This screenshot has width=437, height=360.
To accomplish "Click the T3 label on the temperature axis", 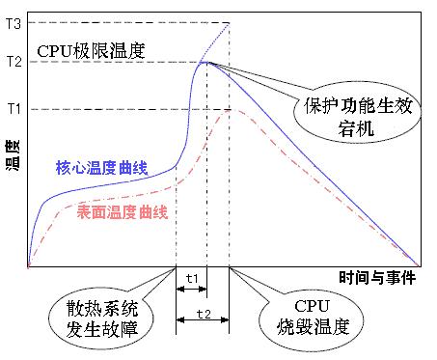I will click(x=13, y=23).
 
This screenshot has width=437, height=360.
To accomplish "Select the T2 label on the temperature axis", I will click(x=13, y=62).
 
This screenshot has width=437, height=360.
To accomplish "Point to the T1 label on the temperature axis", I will click(x=13, y=109).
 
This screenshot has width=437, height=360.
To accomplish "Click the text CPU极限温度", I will click(x=91, y=50).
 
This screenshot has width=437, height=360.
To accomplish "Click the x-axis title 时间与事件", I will click(x=377, y=278).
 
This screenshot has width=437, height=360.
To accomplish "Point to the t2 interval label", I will click(x=203, y=315).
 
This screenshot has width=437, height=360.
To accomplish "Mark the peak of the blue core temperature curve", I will click(x=206, y=63).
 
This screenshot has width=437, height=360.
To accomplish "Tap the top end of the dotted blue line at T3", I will click(x=230, y=23).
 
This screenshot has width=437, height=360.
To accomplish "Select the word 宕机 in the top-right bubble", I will click(x=359, y=126).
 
